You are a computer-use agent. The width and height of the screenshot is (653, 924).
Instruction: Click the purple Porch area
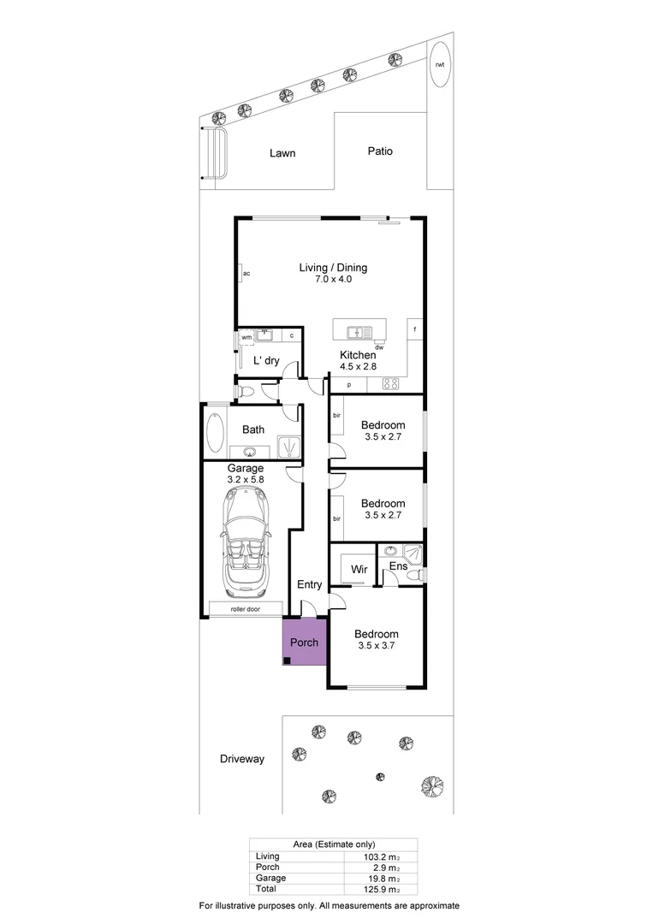coord(305,643)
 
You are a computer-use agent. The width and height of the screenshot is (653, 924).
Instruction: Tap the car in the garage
coord(245,543)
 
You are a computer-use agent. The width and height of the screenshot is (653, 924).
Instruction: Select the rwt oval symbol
coord(440,64)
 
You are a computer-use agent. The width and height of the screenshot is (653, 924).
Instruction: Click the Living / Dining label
coord(332,268)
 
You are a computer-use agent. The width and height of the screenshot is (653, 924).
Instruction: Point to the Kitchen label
coord(358,355)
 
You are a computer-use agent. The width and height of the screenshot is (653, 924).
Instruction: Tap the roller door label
coord(245,609)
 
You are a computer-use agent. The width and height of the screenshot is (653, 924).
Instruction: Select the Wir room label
coord(359,567)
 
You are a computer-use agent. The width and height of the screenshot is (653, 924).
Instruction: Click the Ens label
coord(398,566)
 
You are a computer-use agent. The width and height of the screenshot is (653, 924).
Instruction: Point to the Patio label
coord(380,151)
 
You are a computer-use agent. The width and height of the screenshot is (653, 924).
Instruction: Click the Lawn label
coord(282,153)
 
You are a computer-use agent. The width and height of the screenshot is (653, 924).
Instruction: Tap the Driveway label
coord(242,759)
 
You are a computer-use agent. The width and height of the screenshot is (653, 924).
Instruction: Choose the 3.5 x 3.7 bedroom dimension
coord(377,646)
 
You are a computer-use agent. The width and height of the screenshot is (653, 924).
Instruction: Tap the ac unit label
coord(246,273)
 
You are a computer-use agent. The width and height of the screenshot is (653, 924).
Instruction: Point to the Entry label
coord(309,585)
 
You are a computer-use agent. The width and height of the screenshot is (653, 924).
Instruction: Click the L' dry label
coord(266,361)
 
